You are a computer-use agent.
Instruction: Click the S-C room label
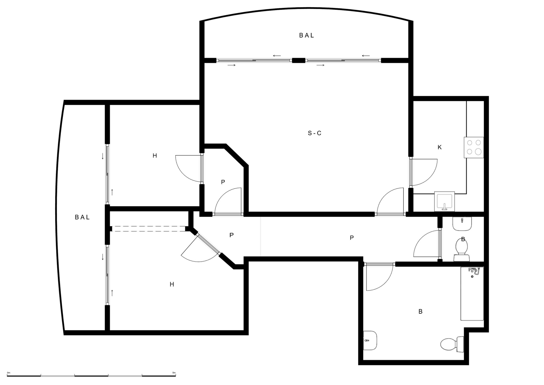[x=314, y=133]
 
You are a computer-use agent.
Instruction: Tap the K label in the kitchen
[x=439, y=147]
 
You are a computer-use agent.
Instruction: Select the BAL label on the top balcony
[x=307, y=35]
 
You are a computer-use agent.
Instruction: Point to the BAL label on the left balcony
[x=82, y=217]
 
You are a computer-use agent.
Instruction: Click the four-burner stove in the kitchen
[x=474, y=147]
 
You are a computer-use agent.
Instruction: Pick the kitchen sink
[x=444, y=201]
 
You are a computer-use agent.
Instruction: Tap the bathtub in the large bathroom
[x=472, y=293]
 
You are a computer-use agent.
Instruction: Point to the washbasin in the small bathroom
[x=462, y=224]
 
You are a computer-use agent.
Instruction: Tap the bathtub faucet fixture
[x=474, y=272]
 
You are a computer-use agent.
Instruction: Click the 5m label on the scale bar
[x=174, y=373]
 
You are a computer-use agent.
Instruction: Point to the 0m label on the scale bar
[x=8, y=373]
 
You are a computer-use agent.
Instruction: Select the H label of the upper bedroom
[x=155, y=156]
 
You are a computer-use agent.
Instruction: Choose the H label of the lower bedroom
[x=172, y=284]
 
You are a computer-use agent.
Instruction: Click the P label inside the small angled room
[x=223, y=182]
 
